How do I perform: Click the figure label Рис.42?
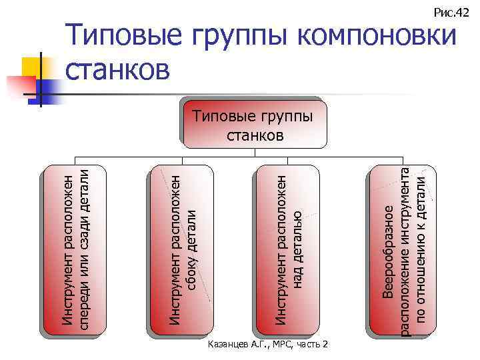click(x=451, y=12)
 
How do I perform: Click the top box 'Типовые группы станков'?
click(x=255, y=124)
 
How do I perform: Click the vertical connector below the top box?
click(x=255, y=154)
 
